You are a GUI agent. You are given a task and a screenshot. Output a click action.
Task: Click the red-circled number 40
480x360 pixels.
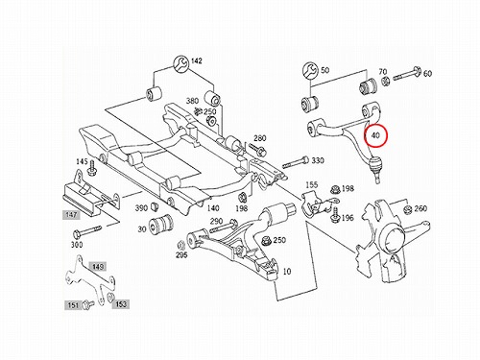tap(375, 135)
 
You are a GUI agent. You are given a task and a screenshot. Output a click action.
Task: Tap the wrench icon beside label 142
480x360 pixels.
tap(181, 63)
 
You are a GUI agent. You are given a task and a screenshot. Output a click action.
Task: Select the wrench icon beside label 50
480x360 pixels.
tap(310, 71)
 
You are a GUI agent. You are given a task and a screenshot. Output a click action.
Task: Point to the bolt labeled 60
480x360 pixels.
tap(407, 74)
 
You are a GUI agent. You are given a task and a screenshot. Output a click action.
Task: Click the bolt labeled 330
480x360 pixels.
tap(296, 162)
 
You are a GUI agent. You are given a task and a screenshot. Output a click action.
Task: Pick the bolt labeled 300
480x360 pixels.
tap(87, 231)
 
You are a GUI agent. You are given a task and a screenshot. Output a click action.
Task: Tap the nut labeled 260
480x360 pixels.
tap(407, 210)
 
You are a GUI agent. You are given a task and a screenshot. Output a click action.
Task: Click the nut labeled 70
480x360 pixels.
tap(386, 82)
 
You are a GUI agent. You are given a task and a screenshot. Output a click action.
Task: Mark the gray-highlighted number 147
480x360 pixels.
tap(71, 215)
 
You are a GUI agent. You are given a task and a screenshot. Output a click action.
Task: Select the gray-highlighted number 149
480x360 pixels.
tap(97, 267)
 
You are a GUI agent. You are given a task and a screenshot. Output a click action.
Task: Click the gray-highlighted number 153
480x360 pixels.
tap(121, 304)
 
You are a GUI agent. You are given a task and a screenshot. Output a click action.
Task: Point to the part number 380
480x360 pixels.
tap(192, 101)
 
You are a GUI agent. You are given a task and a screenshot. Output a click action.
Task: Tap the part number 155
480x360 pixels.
tap(311, 184)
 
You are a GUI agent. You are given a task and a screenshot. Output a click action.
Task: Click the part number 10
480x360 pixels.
tap(287, 272)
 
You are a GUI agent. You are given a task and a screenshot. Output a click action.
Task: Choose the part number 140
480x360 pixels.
tap(213, 208)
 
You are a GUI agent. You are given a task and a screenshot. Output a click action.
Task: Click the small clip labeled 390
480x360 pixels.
tap(156, 206)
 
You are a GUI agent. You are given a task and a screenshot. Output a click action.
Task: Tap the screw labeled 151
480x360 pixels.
tap(87, 304)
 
